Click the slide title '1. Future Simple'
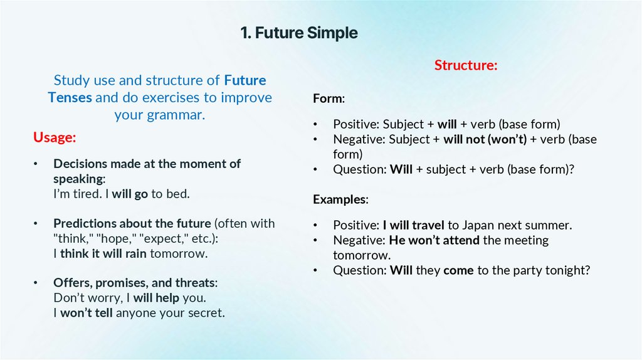click(299, 33)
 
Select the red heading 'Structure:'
click(466, 65)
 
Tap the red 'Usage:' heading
click(55, 137)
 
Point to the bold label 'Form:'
click(329, 99)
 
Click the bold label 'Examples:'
click(340, 199)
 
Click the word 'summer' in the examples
click(551, 225)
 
